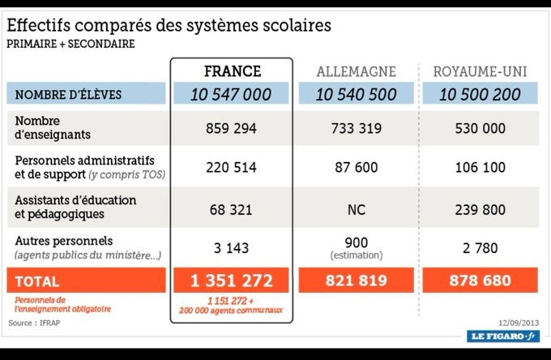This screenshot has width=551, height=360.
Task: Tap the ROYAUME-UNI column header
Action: point(481,71)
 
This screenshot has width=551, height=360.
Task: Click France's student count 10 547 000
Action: point(231,94)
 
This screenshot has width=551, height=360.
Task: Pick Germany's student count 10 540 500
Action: point(356,94)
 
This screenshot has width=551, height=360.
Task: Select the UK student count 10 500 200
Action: point(480,94)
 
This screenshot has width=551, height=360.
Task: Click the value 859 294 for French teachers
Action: point(231,128)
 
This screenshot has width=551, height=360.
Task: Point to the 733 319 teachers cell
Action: point(356,128)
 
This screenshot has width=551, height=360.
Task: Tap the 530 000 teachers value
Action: point(481,128)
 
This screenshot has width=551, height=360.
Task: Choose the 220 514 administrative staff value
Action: point(231,167)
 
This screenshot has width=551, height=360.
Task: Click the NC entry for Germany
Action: point(356,208)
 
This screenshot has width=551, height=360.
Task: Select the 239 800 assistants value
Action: point(481,208)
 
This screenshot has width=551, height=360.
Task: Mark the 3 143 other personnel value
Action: point(231,247)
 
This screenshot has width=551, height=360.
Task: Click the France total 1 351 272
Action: point(231,281)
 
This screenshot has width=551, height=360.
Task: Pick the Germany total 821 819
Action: point(356,281)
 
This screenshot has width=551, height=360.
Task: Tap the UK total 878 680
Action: point(481,281)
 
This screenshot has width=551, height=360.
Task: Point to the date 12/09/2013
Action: point(517,319)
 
